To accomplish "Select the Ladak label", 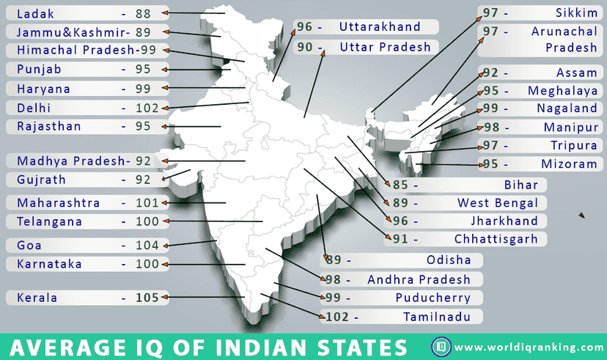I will point(34,12).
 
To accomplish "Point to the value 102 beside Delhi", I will point(147,108).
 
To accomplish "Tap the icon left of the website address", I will point(441,346).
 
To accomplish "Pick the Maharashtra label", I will point(58,202).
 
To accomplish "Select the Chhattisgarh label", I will point(496,239).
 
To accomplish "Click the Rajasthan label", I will point(49,126).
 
